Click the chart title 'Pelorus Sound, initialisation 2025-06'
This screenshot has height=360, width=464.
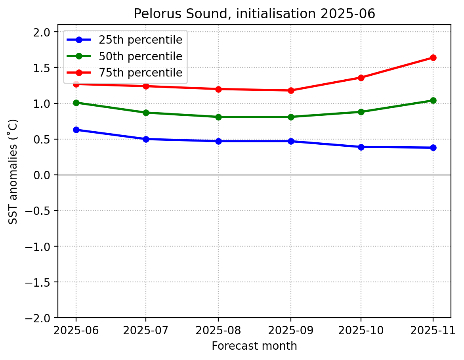(254, 14)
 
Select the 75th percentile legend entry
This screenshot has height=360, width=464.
(140, 73)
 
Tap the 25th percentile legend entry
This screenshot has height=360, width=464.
(140, 40)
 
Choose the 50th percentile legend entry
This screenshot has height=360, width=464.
(140, 56)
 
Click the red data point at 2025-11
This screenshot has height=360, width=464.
(433, 57)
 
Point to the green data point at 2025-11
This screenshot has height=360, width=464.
(433, 100)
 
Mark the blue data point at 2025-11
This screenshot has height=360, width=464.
(433, 147)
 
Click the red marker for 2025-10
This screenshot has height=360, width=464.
(361, 78)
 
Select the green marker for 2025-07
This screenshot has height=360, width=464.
(146, 113)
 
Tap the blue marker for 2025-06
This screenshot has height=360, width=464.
(76, 130)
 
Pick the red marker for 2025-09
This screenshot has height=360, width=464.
(291, 90)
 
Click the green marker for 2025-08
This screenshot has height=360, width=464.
(218, 117)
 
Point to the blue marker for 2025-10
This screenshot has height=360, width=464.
(361, 147)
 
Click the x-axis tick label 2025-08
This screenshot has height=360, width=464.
(218, 330)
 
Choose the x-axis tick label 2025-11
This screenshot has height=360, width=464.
(433, 330)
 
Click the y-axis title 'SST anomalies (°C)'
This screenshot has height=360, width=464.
(13, 171)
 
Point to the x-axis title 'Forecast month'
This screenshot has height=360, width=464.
(254, 346)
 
